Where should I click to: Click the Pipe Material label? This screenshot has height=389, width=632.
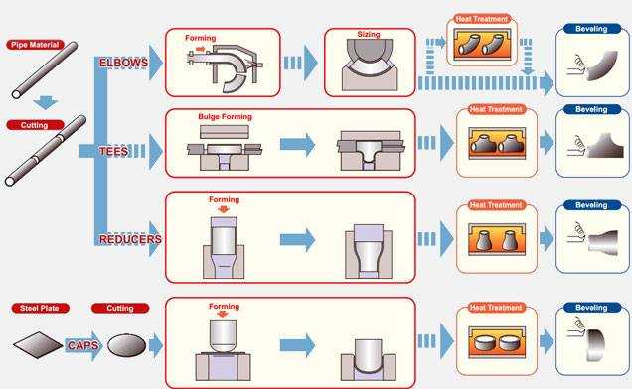(35, 45)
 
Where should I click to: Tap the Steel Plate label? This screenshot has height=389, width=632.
(40, 308)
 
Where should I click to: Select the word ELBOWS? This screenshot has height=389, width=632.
(124, 63)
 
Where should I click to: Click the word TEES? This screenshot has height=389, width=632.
(113, 151)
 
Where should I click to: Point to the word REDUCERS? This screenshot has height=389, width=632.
(130, 239)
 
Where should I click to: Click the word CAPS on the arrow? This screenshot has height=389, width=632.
(83, 345)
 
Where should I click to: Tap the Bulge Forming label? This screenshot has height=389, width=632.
(225, 117)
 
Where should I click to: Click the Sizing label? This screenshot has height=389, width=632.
(369, 34)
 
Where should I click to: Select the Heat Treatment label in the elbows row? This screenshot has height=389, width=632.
(482, 19)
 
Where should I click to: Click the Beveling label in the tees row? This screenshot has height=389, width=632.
(591, 109)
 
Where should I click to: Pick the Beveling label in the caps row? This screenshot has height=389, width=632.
(591, 308)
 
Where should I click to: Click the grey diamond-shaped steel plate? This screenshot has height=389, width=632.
(39, 344)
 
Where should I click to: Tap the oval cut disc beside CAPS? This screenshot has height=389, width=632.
(127, 345)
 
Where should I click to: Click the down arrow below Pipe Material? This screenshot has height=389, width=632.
(45, 102)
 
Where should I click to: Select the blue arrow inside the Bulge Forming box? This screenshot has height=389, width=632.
(297, 144)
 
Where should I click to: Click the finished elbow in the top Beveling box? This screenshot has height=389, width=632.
(602, 65)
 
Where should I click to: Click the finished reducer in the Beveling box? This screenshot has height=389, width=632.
(603, 242)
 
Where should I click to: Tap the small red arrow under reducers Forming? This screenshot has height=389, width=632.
(223, 209)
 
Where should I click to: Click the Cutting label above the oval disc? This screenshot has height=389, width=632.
(120, 308)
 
